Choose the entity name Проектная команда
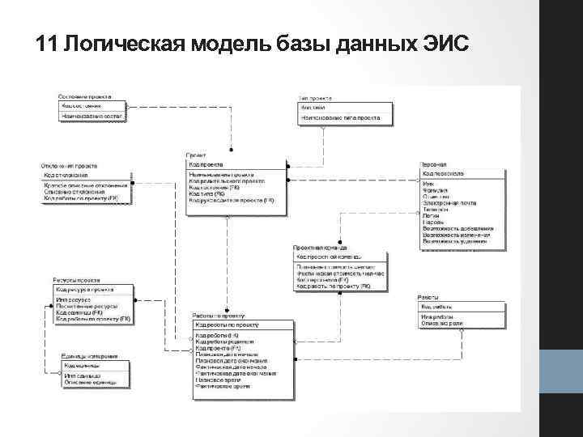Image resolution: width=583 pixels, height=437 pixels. tap(321, 247)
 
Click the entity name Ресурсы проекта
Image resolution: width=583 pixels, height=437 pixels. tap(78, 278)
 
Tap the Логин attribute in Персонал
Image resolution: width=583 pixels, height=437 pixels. tap(431, 216)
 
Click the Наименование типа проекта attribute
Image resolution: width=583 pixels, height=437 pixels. tap(341, 118)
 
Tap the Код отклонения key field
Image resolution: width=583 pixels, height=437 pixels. tap(66, 175)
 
